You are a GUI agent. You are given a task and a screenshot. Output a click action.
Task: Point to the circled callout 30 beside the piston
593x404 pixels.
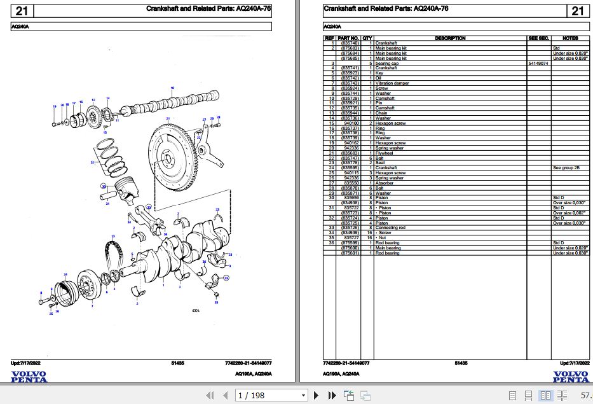click(104, 186)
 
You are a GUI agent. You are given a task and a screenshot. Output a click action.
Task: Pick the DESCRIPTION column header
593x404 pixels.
click(450, 38)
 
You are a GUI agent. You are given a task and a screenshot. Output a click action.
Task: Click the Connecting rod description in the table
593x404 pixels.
click(391, 227)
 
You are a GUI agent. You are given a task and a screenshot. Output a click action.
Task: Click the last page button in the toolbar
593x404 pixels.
click(331, 396)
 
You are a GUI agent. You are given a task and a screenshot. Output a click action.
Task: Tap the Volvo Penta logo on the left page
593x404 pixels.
click(29, 377)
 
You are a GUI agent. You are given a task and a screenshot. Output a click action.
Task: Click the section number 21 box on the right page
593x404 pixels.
click(577, 11)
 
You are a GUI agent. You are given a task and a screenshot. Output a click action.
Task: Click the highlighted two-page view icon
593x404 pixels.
click(545, 396)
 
